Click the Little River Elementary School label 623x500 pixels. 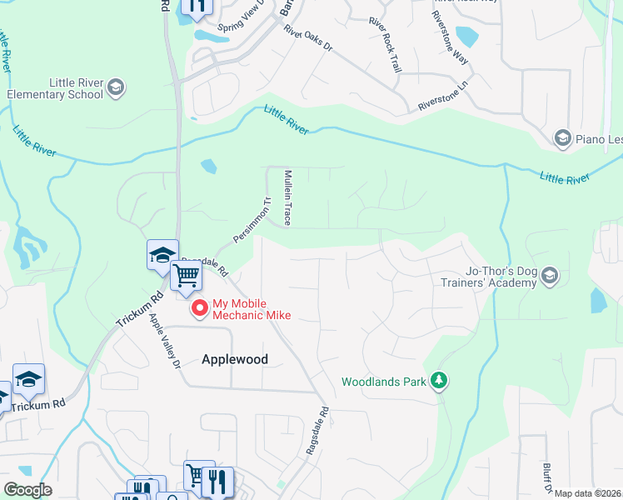point(55,88)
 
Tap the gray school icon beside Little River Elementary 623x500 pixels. point(115,87)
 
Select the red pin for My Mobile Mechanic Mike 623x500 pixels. point(200,309)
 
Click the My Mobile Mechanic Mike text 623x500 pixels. point(252,309)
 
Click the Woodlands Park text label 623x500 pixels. point(383,382)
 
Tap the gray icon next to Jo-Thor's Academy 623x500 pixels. point(549,275)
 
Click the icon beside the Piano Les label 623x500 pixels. point(563,137)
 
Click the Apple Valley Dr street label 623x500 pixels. point(164,340)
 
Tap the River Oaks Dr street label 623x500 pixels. point(307,39)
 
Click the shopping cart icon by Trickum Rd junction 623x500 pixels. point(187,276)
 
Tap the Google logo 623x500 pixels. point(27,490)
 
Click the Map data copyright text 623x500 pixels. point(587,493)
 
